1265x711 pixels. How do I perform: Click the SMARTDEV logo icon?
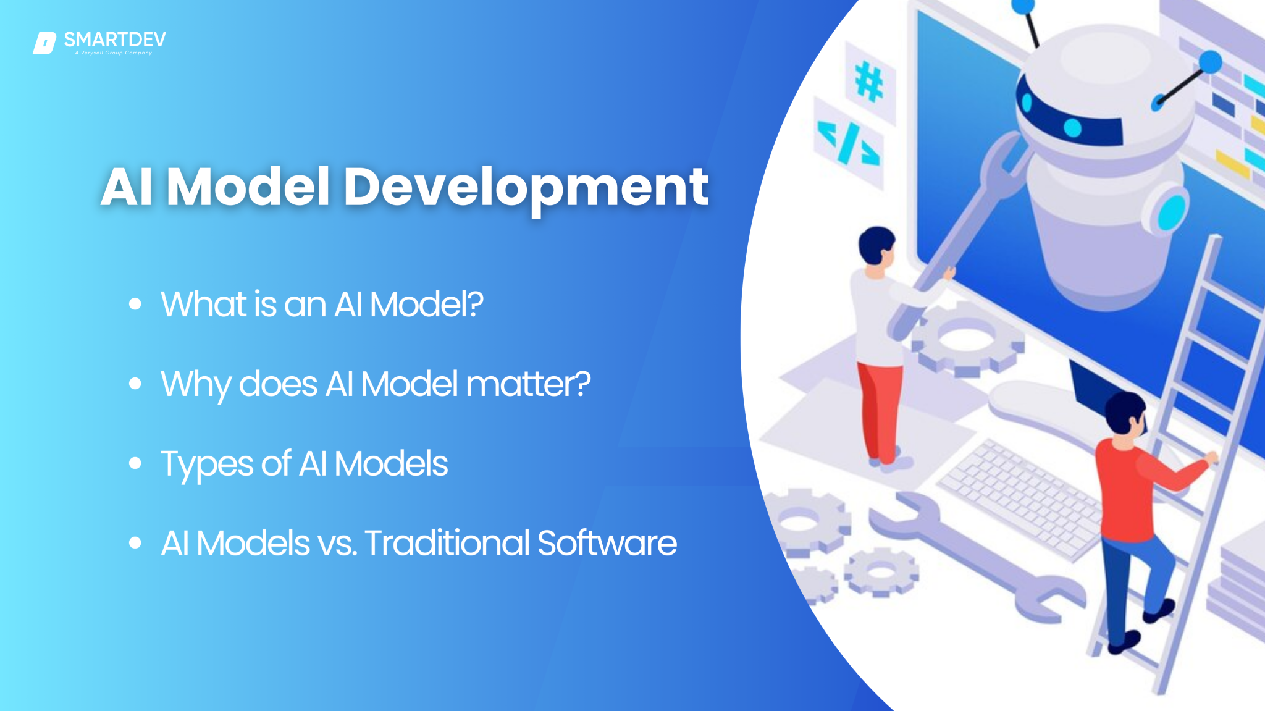tap(44, 43)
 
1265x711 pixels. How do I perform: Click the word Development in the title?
tap(526, 187)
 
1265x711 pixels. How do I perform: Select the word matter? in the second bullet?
tap(528, 384)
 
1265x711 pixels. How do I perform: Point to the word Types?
tap(207, 465)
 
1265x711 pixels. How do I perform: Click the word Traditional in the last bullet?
tap(447, 543)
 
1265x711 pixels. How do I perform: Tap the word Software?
tap(607, 543)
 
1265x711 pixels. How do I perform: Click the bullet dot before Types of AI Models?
tap(135, 463)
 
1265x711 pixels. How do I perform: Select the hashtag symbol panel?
tap(869, 82)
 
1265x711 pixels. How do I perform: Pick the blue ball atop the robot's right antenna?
tap(1210, 62)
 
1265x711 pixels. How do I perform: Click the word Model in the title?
tap(248, 187)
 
